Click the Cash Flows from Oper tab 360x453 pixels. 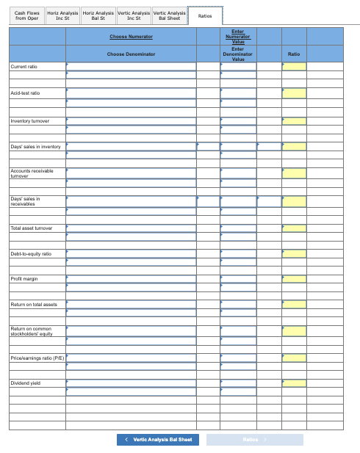26,15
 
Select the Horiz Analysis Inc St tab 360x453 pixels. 62,15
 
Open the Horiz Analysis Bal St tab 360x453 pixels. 98,15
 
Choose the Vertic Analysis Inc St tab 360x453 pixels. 134,15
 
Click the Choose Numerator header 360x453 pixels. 131,36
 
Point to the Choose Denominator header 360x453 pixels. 131,54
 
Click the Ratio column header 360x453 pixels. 294,54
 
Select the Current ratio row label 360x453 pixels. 24,67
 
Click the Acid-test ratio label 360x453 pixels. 25,93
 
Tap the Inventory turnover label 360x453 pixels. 29,120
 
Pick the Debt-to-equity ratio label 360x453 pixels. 31,253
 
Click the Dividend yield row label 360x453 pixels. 24,383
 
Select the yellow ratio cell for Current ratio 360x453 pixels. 295,67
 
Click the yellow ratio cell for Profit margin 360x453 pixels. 295,279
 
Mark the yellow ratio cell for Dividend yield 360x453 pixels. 295,383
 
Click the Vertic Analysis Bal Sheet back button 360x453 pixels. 158,439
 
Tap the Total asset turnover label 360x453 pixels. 32,228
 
